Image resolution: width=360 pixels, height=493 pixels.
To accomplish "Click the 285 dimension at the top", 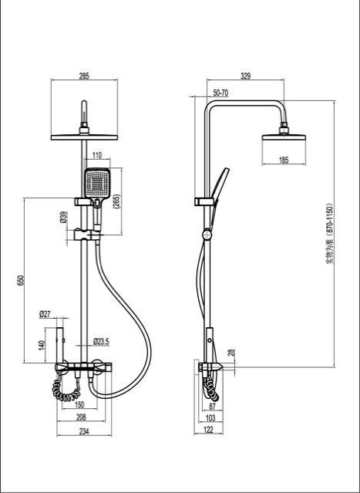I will [84, 76].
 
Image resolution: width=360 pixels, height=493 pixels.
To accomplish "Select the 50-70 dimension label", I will [220, 93].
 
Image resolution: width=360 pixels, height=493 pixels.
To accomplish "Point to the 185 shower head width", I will [284, 160].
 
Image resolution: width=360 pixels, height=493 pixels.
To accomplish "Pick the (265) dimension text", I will [116, 203].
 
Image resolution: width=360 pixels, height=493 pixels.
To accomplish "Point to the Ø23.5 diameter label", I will [101, 340].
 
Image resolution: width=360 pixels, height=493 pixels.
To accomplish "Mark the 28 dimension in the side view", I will [231, 353].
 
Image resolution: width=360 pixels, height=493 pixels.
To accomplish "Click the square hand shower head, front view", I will [97, 184].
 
